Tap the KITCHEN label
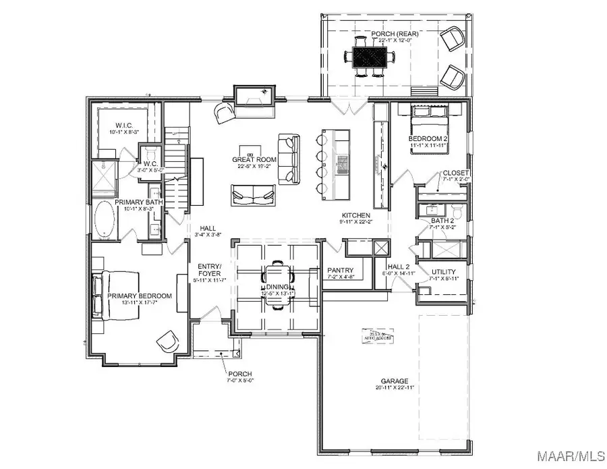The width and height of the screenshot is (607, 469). click(355, 215)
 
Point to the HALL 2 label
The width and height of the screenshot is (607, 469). click(399, 267)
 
